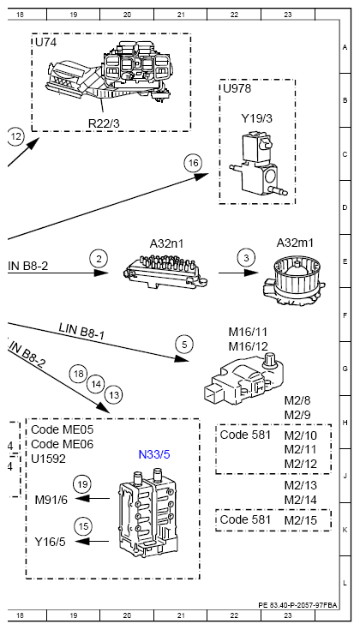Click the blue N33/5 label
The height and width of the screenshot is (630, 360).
coord(154,454)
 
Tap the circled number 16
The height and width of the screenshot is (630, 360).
coord(193,163)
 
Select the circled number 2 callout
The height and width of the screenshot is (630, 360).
coord(99,258)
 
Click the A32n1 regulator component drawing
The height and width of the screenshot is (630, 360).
coord(166,271)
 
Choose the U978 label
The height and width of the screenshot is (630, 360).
coord(237,88)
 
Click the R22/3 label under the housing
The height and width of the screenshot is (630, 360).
coord(104,123)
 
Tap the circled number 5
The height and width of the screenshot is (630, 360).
coord(184,345)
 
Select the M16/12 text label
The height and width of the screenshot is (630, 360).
coord(248,346)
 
